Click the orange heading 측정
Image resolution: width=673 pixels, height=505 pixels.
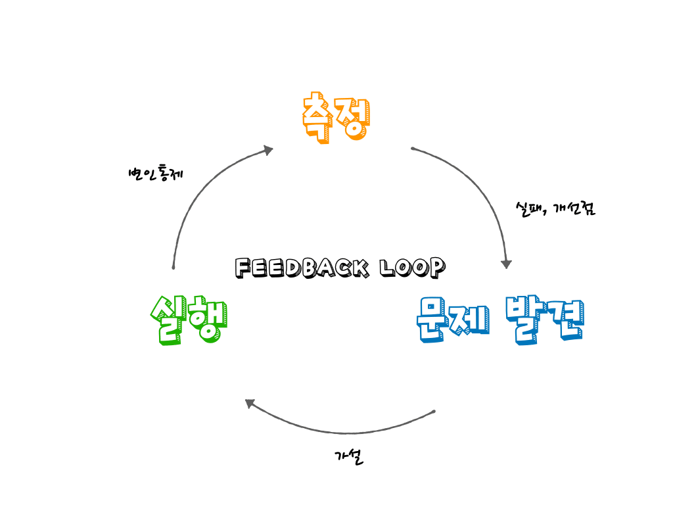pos(336,117)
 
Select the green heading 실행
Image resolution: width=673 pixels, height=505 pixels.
pos(189,320)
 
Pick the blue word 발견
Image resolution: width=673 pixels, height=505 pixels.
pos(545,320)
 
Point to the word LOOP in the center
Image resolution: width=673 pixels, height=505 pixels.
pos(413,268)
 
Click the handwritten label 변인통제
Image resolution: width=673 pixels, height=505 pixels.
pos(156,173)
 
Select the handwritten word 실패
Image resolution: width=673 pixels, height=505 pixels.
pos(530,209)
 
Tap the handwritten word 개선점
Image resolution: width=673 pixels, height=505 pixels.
pos(574,208)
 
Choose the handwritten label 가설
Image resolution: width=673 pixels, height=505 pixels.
pos(349,457)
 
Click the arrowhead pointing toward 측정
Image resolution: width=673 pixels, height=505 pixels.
pos(269,150)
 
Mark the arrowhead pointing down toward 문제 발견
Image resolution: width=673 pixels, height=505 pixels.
pos(507,264)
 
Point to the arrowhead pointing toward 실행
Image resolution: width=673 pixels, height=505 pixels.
pos(250,404)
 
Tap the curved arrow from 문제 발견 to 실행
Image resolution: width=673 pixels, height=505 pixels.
pos(343,433)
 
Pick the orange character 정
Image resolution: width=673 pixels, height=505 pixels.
pos(353,118)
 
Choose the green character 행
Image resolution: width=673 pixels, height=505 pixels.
pos(208,321)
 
